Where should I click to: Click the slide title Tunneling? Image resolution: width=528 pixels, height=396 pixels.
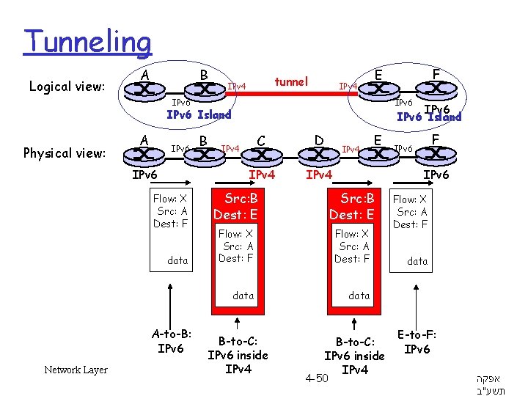pos(87,43)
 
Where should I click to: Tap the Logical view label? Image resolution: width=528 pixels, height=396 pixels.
pos(67,87)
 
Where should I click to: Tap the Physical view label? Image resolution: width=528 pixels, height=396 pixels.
pos(65,153)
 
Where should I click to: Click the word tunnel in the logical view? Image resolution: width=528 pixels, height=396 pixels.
pos(291,81)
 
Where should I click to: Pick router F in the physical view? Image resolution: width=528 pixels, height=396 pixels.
pos(436,155)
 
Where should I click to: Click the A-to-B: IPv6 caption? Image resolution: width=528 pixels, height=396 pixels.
pos(170,340)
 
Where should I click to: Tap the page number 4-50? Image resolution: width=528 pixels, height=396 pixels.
pos(316,378)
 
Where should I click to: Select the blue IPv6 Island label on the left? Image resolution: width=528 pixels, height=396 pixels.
pos(199,114)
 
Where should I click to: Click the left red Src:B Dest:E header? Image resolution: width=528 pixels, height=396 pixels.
pos(235,207)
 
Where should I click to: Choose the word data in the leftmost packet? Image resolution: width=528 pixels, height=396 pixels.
pos(177,260)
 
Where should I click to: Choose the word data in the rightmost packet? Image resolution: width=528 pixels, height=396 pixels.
pos(417,260)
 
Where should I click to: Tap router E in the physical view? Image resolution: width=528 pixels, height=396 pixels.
pos(378,155)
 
